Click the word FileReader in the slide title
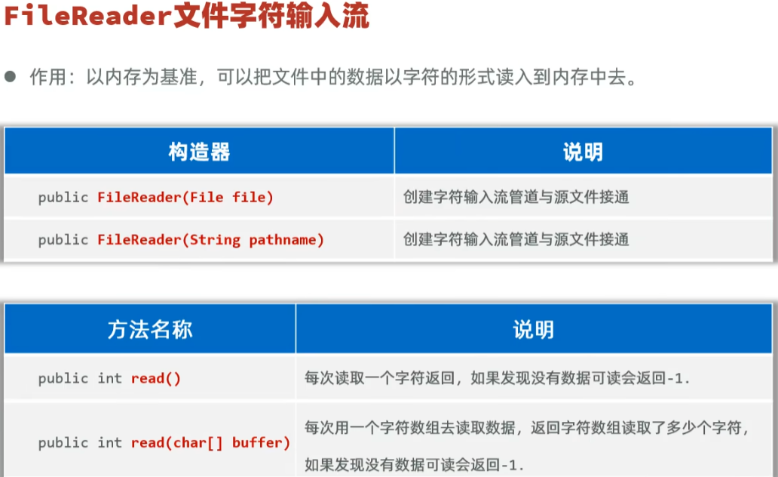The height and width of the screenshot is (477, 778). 88,17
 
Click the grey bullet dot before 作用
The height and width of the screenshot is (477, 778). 10,77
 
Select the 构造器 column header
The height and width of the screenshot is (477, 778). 199,152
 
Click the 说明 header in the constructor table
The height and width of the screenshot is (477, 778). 583,152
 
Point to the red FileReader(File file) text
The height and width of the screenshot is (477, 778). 185,198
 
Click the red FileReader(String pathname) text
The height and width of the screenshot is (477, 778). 210,240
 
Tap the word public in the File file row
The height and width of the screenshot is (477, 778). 63,198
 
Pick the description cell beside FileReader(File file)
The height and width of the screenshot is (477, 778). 516,198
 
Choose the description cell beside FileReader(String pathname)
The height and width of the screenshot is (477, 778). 516,240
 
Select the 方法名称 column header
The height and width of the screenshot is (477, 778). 150,329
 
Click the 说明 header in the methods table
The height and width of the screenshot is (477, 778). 534,329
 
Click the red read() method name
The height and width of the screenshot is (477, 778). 156,379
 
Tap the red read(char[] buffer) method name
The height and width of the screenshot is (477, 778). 210,443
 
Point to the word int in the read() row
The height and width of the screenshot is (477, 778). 109,379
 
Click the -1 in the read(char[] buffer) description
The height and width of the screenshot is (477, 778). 507,464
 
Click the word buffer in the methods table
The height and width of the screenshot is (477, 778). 261,443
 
